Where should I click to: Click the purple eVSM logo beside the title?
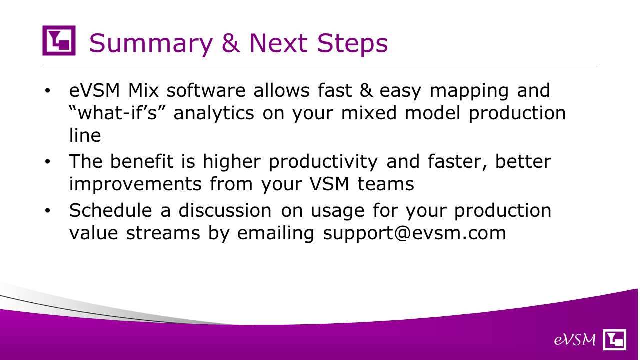point(59,40)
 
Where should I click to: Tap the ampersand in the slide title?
point(231,43)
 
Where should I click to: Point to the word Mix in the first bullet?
point(143,90)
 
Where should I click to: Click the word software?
point(206,90)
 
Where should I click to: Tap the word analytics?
point(214,113)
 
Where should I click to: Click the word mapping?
point(469,91)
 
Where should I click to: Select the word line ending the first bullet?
point(85,135)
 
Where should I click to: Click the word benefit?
point(142,161)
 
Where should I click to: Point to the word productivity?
point(323,162)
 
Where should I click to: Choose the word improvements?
point(135,184)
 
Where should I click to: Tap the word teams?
point(386,184)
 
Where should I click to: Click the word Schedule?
point(110,210)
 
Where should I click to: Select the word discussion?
point(225,210)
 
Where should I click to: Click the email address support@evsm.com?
point(414,233)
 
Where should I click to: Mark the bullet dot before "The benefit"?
point(47,161)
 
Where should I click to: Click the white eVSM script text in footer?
point(575,340)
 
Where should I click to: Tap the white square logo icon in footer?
point(614,339)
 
